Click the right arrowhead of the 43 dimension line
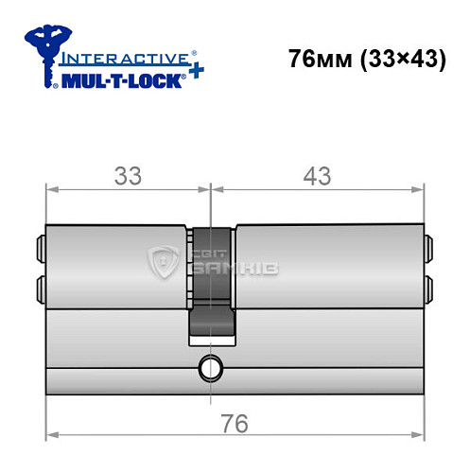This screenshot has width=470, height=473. (417, 189)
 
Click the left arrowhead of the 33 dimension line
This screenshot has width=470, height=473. (51, 189)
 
